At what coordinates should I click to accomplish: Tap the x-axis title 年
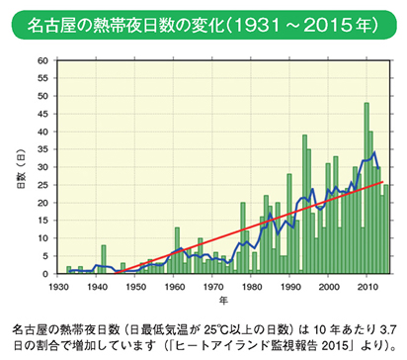click(223, 298)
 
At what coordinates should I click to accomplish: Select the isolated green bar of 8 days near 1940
click(103, 259)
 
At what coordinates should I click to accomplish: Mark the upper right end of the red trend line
click(384, 182)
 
